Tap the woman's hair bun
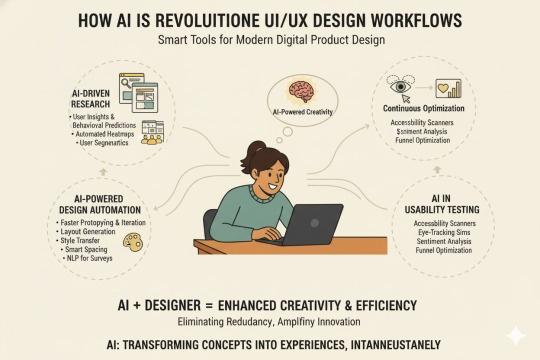click(247, 150)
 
